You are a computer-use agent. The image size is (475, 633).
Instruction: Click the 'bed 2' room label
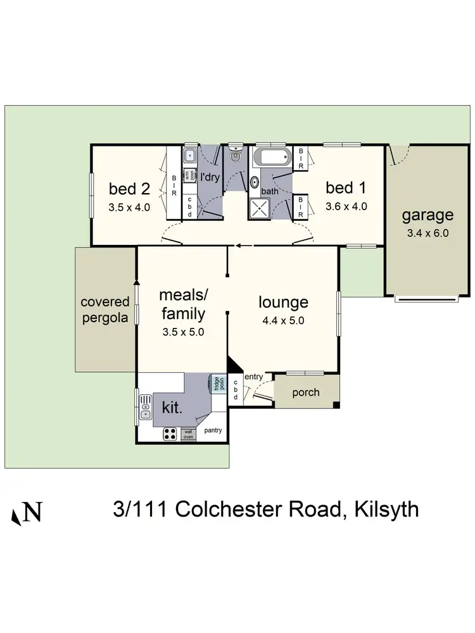coord(129,188)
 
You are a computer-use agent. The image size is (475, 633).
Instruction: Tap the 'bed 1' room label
coord(346,187)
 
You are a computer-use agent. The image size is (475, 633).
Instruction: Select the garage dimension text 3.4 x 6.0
coord(427,232)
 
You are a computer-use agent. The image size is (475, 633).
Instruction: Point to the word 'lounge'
coord(283,303)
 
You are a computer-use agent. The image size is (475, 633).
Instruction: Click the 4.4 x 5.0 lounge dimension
coord(283,320)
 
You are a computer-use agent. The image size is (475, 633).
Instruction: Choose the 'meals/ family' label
coord(182,304)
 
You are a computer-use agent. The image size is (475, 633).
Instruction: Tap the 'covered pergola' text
coord(105,310)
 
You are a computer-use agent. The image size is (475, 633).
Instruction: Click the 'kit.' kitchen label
coord(173,407)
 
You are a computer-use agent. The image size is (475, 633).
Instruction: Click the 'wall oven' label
coord(188,434)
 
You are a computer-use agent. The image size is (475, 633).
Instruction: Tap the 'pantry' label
coord(213,430)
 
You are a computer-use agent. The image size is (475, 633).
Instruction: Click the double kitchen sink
coord(145,406)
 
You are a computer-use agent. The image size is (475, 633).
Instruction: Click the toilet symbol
coord(236,153)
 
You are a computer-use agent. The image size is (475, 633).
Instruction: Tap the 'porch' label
coord(306,392)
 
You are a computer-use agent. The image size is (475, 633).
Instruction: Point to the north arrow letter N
coord(32,512)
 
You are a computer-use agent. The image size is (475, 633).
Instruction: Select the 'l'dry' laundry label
coord(210,177)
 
